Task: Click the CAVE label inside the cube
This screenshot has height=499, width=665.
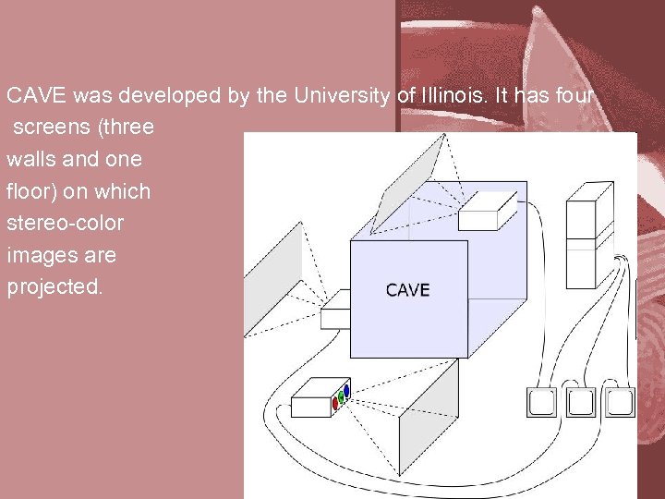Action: pos(407,290)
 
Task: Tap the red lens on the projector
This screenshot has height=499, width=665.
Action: pos(334,403)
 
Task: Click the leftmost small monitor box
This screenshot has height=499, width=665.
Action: pos(541,402)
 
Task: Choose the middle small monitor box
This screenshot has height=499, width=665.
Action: pos(580,402)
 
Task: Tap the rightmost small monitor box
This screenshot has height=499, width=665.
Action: pos(619,402)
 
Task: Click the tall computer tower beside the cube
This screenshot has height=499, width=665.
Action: pos(589,235)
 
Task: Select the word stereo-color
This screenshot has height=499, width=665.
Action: pos(66,223)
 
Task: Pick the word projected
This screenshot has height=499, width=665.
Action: pos(55,286)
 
